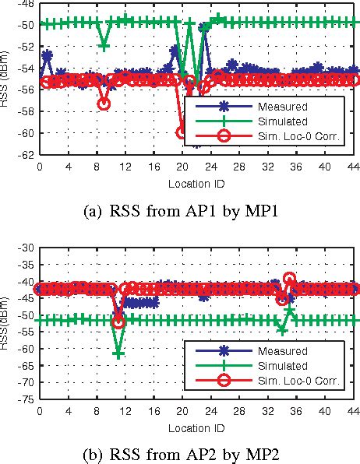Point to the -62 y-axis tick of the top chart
(26, 154)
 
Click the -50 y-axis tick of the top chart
(26, 24)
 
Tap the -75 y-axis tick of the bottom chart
(26, 399)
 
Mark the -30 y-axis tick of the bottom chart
(26, 248)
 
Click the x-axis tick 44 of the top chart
(354, 166)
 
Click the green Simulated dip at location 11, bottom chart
(118, 353)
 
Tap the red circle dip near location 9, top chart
(104, 104)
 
